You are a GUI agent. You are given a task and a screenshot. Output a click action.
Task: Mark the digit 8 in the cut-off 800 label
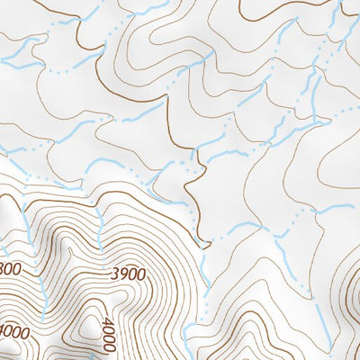4,267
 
